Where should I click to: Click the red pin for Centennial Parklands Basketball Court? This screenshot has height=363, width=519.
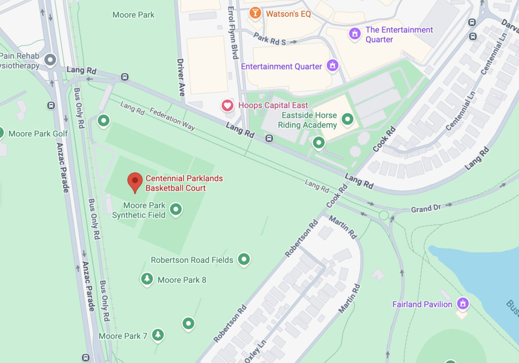tap(134, 181)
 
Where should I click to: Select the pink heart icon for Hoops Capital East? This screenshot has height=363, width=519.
tap(228, 105)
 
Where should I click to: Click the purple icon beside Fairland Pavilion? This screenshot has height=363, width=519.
tap(462, 304)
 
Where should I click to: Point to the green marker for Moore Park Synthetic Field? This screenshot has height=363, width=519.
tap(175, 209)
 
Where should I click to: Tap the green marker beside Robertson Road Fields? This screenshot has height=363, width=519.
tap(244, 259)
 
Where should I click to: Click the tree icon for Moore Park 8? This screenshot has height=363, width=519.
tap(147, 279)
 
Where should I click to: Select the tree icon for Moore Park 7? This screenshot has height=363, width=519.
tap(158, 335)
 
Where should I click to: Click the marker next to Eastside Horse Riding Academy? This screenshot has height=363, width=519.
tap(347, 119)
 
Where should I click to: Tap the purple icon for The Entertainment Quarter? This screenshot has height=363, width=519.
tap(355, 34)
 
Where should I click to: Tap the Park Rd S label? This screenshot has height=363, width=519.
tap(270, 40)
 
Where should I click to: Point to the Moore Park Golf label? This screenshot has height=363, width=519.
tap(39, 133)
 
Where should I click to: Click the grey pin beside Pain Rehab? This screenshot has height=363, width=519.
tap(50, 60)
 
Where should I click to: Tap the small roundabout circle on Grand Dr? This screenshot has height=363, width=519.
tap(384, 215)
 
